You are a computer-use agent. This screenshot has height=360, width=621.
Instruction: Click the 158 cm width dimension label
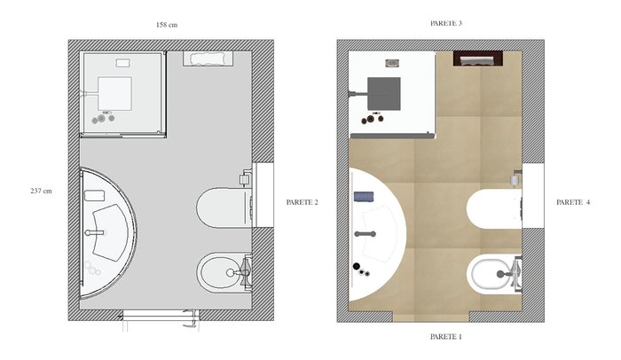[167, 25]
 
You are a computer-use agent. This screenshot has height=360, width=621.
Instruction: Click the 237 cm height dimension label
[41, 191]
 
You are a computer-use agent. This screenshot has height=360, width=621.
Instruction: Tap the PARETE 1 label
[446, 337]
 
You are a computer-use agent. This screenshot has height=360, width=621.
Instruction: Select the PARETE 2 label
[302, 202]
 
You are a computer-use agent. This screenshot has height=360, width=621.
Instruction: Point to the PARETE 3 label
[446, 23]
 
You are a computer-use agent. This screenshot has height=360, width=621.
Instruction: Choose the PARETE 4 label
[573, 202]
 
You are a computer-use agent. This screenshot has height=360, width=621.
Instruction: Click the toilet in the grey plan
[224, 207]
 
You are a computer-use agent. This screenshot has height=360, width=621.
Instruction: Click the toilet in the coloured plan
[494, 208]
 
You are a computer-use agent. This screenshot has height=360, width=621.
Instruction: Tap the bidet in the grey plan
[224, 272]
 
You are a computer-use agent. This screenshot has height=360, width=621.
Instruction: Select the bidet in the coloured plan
[494, 274]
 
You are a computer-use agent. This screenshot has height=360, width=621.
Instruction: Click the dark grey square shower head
[384, 94]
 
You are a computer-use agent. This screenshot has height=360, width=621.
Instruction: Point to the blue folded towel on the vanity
[364, 197]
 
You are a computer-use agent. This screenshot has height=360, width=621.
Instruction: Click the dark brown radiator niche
[478, 59]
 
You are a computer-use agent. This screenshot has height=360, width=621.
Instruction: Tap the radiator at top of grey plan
[208, 59]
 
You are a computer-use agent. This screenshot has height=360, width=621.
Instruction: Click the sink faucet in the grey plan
[95, 232]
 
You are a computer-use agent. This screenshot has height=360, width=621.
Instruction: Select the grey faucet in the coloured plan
[366, 234]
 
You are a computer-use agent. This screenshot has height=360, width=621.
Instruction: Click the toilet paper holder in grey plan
[246, 178]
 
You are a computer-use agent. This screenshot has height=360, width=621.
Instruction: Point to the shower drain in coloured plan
[392, 63]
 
